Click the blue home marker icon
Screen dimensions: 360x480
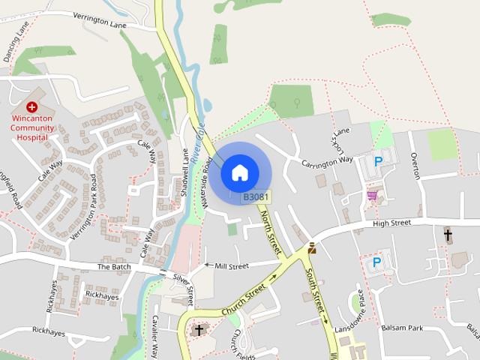click(239, 172)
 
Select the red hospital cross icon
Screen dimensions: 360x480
click(32, 107)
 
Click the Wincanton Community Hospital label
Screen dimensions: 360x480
click(32, 127)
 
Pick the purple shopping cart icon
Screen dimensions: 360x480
click(371, 195)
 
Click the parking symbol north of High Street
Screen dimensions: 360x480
click(378, 160)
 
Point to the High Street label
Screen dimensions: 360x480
click(392, 223)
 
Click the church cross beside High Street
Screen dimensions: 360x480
click(448, 235)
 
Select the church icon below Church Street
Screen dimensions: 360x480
click(199, 329)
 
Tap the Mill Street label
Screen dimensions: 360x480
click(231, 265)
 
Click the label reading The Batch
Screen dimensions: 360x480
click(114, 267)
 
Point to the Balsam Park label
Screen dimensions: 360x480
click(423, 328)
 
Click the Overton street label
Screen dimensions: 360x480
click(415, 162)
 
